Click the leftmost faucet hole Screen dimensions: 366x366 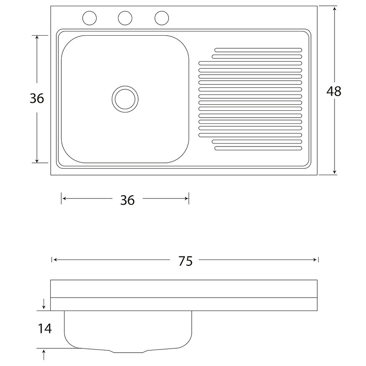89,18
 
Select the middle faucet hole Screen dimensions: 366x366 125,18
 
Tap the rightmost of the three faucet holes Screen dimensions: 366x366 162,18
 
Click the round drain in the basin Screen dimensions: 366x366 125,99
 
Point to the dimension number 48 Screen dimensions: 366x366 334,91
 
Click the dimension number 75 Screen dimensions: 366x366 185,261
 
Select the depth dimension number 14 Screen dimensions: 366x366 44,328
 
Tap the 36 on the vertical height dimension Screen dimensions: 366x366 37,99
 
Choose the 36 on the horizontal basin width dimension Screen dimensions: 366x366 127,200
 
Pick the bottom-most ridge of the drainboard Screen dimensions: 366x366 258,148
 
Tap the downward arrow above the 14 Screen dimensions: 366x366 44,306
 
